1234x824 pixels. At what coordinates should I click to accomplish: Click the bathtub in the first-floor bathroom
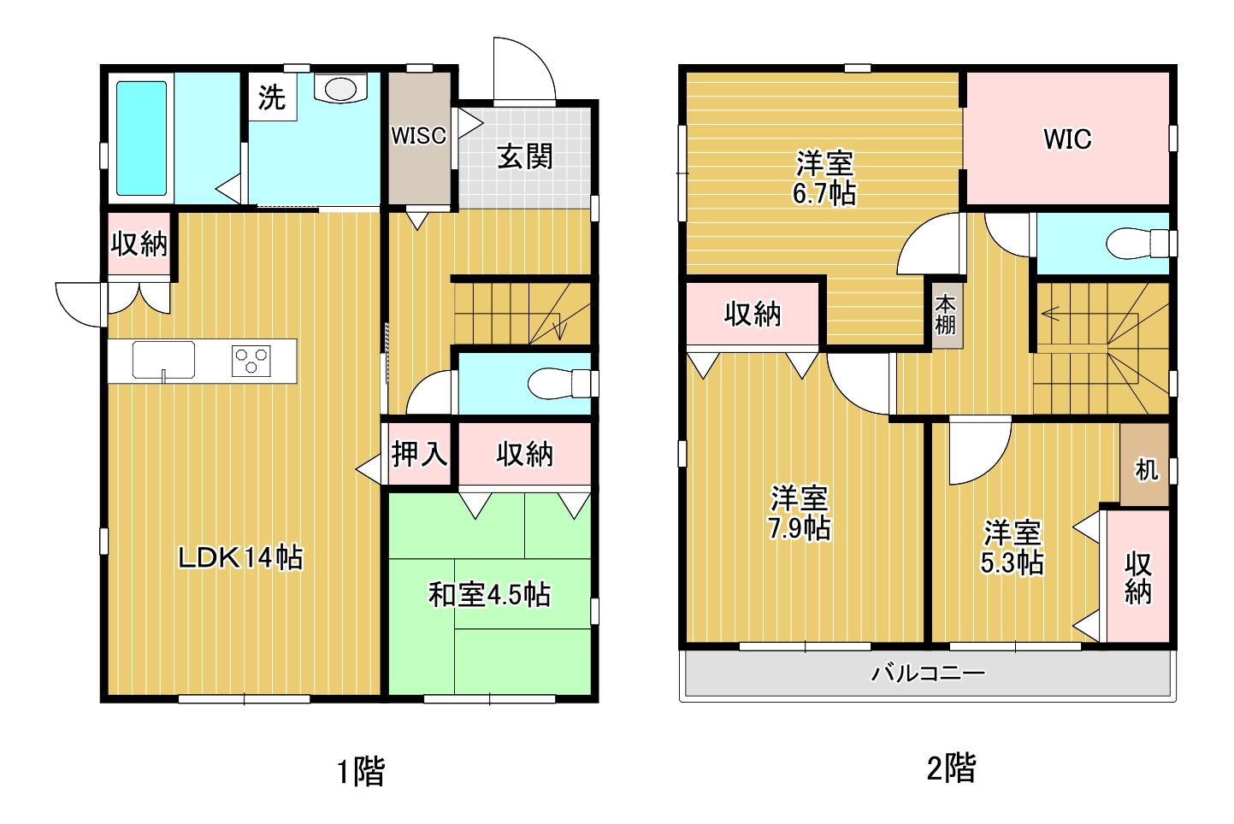[141, 138]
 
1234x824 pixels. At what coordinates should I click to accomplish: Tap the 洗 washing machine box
[272, 97]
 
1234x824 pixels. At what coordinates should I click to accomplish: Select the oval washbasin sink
[340, 89]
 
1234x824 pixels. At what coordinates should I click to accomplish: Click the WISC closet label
[419, 136]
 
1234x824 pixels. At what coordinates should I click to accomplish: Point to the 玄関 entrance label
[525, 157]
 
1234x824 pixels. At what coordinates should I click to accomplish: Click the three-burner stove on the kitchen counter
[251, 361]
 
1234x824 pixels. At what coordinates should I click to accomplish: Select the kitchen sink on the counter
[163, 360]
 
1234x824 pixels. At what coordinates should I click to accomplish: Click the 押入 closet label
[419, 455]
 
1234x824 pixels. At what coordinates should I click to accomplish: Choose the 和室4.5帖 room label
[490, 595]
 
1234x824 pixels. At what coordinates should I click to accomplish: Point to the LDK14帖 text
[241, 557]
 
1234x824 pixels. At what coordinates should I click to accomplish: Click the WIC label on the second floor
[1067, 139]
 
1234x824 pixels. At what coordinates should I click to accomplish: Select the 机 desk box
[1145, 464]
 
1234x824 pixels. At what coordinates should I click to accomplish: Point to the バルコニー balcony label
[928, 673]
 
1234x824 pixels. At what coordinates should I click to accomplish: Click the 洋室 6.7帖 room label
[824, 178]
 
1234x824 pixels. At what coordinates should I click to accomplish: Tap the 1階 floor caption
[361, 771]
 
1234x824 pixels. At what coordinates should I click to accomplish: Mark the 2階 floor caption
[952, 768]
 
